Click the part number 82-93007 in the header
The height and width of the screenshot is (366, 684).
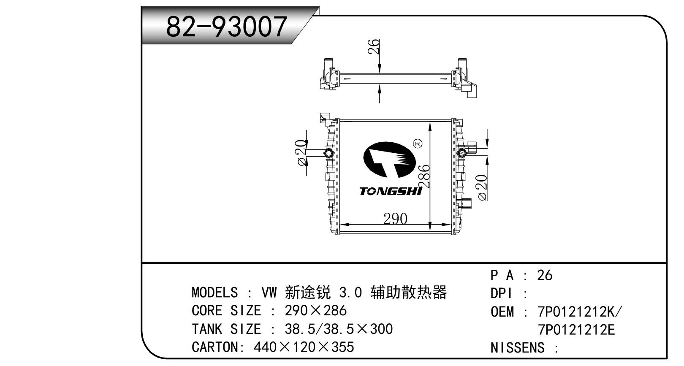click(x=226, y=27)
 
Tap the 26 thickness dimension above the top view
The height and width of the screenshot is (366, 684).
click(x=374, y=46)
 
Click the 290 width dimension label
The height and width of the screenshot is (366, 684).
click(x=395, y=219)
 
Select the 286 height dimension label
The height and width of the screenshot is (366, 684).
click(x=424, y=176)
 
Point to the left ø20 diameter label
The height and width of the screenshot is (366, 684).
click(x=301, y=153)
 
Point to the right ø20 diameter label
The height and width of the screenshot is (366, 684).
click(x=482, y=187)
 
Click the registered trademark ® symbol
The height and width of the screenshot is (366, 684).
click(x=418, y=144)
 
